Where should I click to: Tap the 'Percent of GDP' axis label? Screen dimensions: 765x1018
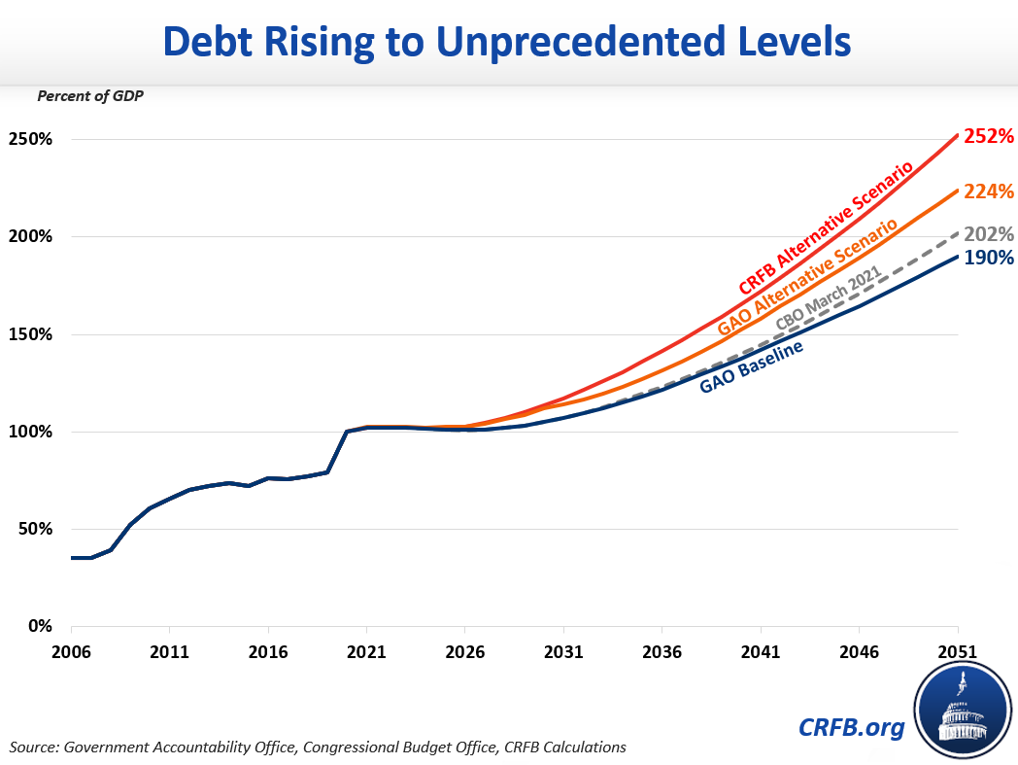pyautogui.click(x=90, y=96)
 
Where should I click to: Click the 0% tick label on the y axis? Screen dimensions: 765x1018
pyautogui.click(x=38, y=626)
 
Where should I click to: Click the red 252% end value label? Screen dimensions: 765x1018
pyautogui.click(x=989, y=137)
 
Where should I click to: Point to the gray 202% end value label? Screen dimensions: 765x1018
pyautogui.click(x=989, y=234)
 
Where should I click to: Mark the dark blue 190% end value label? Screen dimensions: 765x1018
pyautogui.click(x=989, y=259)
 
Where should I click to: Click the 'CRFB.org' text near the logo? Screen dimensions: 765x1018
pyautogui.click(x=852, y=726)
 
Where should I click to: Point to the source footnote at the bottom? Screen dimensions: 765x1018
pyautogui.click(x=319, y=748)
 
